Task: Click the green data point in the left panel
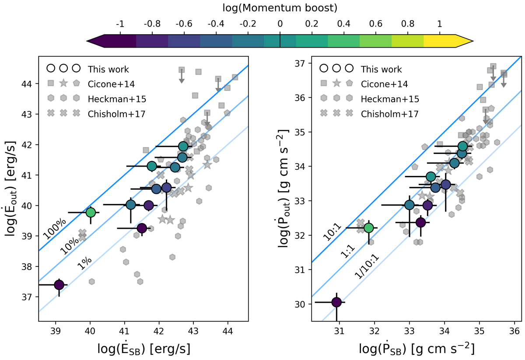91,212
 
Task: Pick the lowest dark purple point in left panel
59,285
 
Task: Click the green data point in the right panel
369,227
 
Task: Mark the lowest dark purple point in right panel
336,302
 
